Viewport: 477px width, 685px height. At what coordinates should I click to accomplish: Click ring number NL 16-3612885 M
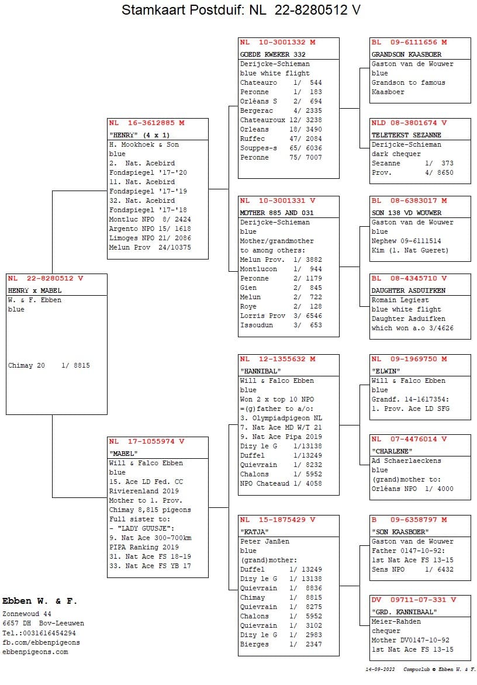click(x=147, y=123)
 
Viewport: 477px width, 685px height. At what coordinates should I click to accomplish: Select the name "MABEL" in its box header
click(x=123, y=453)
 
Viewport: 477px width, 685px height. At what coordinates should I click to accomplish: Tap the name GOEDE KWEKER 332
click(x=272, y=54)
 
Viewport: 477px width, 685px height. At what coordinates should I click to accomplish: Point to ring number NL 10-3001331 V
click(x=278, y=200)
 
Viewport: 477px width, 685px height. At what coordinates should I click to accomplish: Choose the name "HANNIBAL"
click(x=260, y=371)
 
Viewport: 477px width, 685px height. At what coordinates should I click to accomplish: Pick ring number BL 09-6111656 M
click(x=409, y=43)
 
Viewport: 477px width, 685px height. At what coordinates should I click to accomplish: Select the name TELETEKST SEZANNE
click(x=406, y=135)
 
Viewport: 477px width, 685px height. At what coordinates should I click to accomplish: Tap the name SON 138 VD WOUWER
click(x=406, y=213)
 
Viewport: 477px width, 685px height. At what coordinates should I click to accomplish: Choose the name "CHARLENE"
click(x=392, y=451)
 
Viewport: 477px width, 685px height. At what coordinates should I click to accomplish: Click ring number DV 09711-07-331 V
click(x=413, y=600)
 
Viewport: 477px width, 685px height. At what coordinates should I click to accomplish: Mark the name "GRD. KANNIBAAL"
click(x=404, y=612)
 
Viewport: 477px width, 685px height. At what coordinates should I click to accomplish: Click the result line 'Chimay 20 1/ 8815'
click(x=49, y=366)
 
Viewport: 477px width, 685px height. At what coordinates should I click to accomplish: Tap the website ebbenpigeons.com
click(x=35, y=652)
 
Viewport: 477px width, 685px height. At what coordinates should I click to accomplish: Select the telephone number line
click(x=39, y=633)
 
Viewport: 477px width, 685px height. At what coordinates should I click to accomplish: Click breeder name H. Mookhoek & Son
click(x=144, y=145)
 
